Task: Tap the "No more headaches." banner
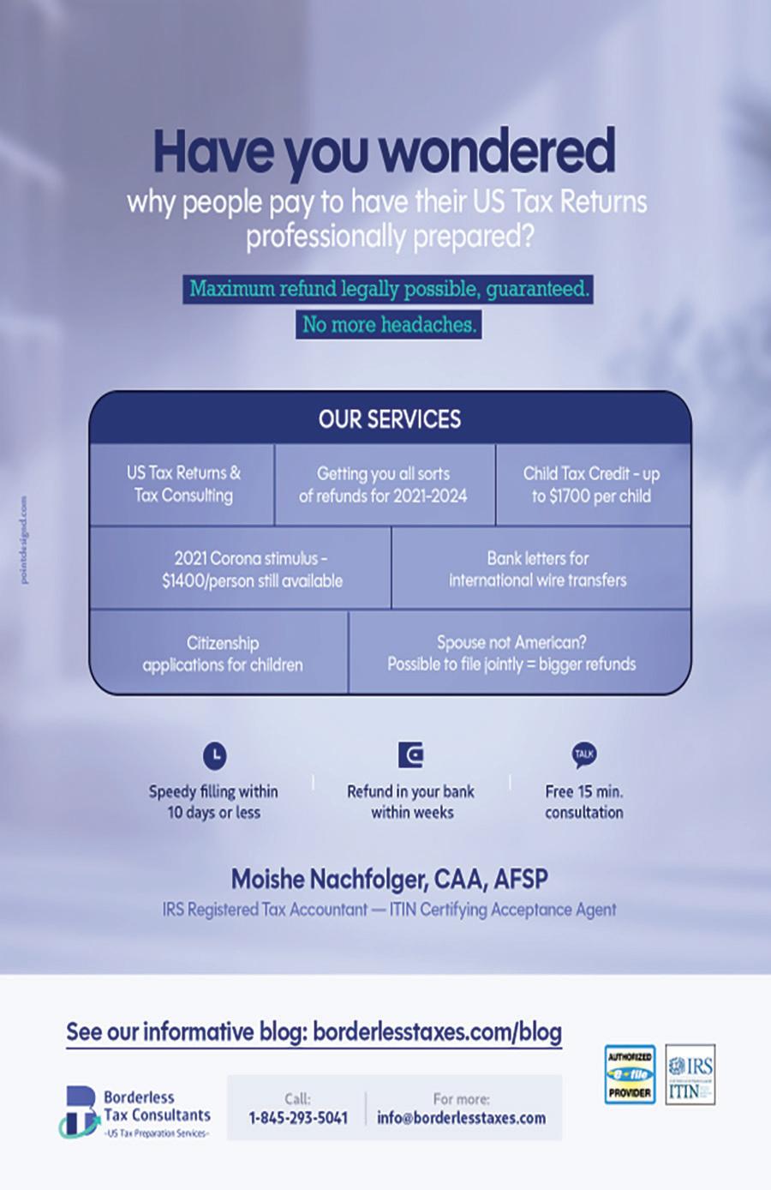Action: click(x=389, y=325)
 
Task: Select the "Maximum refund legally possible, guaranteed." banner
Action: click(x=389, y=289)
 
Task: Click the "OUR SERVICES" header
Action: click(x=390, y=418)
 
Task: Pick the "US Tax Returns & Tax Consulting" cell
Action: click(x=183, y=484)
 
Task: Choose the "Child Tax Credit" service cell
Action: click(x=591, y=484)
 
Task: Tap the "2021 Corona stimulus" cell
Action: click(x=252, y=569)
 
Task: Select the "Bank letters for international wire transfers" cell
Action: click(x=538, y=569)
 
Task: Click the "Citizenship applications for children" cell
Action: click(x=222, y=653)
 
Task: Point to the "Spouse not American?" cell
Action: click(x=511, y=653)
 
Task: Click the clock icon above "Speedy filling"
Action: click(x=214, y=755)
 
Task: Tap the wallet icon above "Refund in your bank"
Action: click(x=411, y=755)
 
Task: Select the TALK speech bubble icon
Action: click(x=584, y=754)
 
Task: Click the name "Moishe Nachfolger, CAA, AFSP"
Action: click(x=389, y=879)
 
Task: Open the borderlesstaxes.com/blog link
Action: click(x=437, y=1031)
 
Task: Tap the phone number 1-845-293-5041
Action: click(x=298, y=1118)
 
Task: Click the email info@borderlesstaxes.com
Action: click(x=461, y=1118)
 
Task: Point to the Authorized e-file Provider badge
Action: click(x=630, y=1074)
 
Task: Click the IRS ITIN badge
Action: click(x=690, y=1074)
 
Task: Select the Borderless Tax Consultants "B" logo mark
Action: click(x=80, y=1112)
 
